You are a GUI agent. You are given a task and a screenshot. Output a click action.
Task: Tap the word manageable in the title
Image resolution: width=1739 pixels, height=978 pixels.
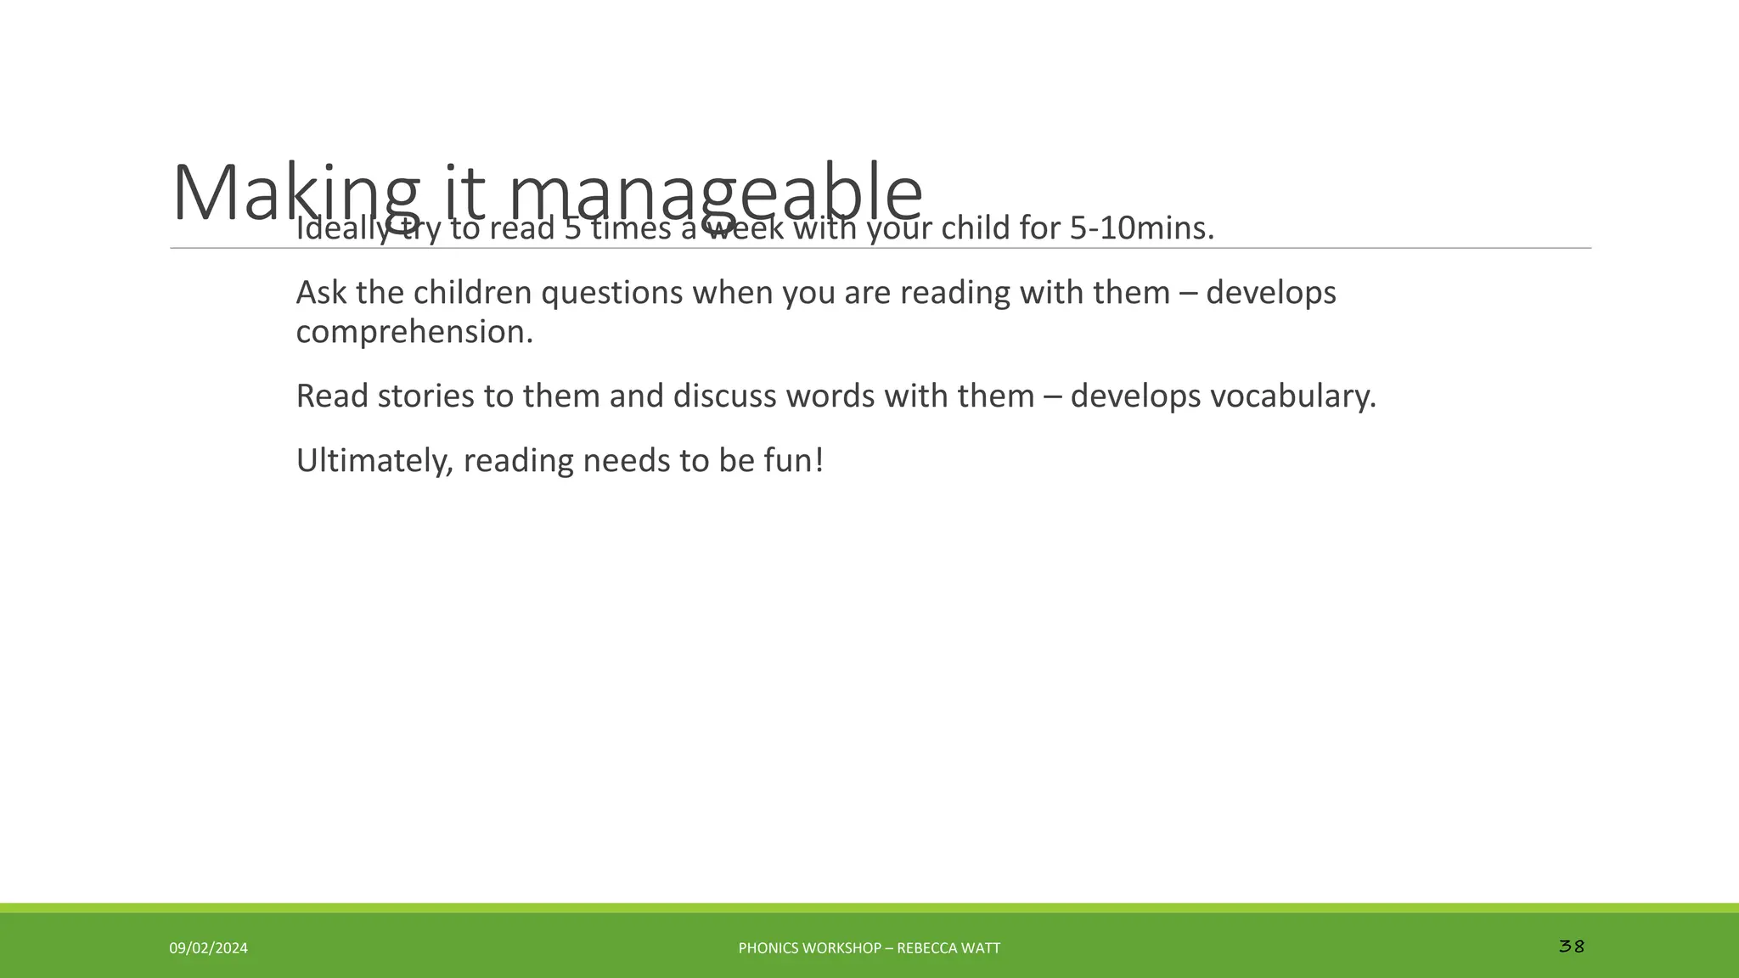[715, 194]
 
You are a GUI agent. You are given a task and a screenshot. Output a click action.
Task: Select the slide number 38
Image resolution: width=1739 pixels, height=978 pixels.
[1572, 946]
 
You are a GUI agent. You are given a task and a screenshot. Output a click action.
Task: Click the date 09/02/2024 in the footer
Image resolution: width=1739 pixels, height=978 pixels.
[208, 948]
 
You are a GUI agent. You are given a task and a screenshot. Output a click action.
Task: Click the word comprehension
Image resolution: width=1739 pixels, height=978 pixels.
[414, 332]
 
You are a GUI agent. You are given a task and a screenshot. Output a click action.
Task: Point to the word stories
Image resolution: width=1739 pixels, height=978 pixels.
[425, 396]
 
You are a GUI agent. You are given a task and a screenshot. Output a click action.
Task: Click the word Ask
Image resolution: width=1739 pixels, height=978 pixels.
[321, 293]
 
